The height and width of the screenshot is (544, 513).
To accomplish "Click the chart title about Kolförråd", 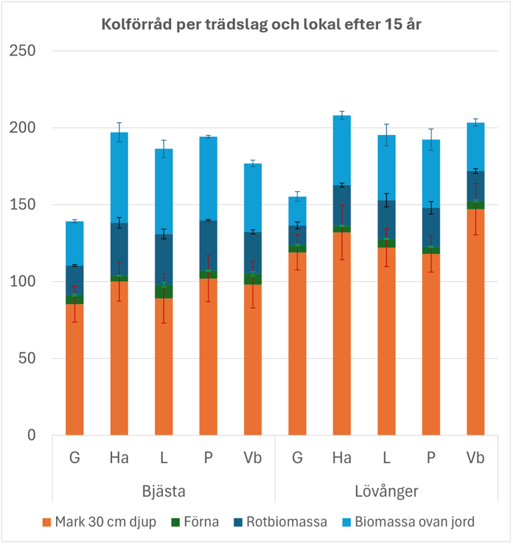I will point(261,25).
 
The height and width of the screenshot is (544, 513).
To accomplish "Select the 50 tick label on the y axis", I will point(27,358).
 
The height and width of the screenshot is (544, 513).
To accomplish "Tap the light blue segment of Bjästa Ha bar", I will point(120,177).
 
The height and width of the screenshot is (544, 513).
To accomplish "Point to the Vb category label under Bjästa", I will point(252,458).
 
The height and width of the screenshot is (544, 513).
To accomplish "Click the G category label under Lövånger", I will point(297,458).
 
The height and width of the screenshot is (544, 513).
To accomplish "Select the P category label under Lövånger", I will point(431,458).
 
